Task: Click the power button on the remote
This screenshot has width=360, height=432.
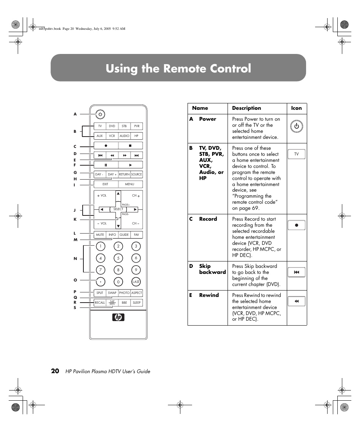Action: (100, 114)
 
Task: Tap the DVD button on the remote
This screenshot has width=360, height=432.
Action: (112, 126)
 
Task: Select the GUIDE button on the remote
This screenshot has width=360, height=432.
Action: (124, 235)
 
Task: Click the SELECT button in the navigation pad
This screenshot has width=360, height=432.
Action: (118, 209)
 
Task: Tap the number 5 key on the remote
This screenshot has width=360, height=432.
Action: (118, 258)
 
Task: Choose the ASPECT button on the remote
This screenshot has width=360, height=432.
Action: (137, 293)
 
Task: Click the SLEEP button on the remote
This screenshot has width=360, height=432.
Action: (137, 303)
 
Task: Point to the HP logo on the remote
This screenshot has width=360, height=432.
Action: (118, 318)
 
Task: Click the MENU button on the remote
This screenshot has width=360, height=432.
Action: (130, 184)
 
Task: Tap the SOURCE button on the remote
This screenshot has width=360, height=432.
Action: (137, 174)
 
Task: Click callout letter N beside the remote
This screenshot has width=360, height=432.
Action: (75, 258)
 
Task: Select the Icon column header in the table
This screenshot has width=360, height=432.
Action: (296, 108)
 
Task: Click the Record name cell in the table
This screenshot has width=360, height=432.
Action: (208, 219)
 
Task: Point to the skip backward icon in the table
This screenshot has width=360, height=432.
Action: (297, 272)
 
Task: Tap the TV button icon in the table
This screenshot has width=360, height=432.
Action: (297, 154)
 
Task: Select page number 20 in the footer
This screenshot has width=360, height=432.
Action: (55, 371)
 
